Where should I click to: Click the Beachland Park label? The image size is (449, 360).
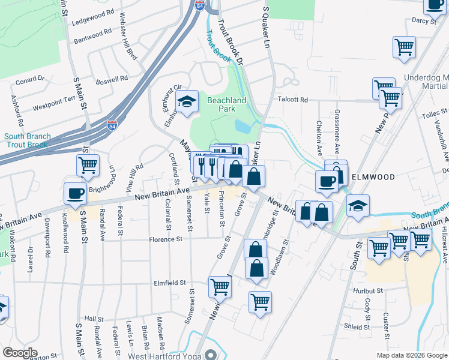226,105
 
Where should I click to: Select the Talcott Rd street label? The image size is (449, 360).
292,100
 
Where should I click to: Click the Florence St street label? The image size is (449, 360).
166,239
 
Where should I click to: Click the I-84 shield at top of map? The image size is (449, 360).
200,6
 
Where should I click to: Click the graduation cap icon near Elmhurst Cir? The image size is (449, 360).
187,103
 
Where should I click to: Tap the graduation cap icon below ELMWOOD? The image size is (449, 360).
358,205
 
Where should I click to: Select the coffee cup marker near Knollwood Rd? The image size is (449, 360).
76,193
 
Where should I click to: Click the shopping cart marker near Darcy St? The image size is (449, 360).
404,47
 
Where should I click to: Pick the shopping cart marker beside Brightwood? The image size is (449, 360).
88,166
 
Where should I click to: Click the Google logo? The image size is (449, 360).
20,353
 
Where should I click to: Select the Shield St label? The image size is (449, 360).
357,327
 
